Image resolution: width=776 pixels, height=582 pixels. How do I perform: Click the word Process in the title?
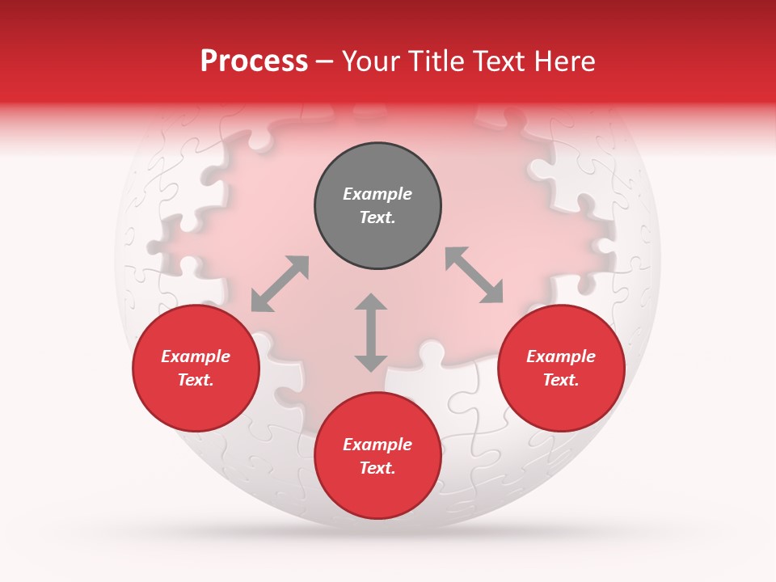254,61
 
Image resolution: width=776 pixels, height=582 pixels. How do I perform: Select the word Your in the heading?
373,61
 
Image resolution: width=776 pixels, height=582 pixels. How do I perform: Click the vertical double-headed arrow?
371,332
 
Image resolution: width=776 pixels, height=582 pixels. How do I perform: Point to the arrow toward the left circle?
280,284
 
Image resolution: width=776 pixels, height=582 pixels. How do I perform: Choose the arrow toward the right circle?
474,275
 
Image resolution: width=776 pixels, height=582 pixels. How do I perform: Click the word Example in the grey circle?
377,194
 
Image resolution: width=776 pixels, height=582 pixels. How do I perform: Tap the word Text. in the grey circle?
377,217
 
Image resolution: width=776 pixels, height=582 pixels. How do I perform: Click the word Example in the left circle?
196,356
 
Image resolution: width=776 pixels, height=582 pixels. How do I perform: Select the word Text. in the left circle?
196,380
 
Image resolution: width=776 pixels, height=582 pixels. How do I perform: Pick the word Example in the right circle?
561,356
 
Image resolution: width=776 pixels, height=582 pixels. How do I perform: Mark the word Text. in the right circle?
561,380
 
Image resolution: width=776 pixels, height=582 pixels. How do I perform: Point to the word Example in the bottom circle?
377,445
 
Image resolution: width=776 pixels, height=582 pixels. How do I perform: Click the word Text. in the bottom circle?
377,468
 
